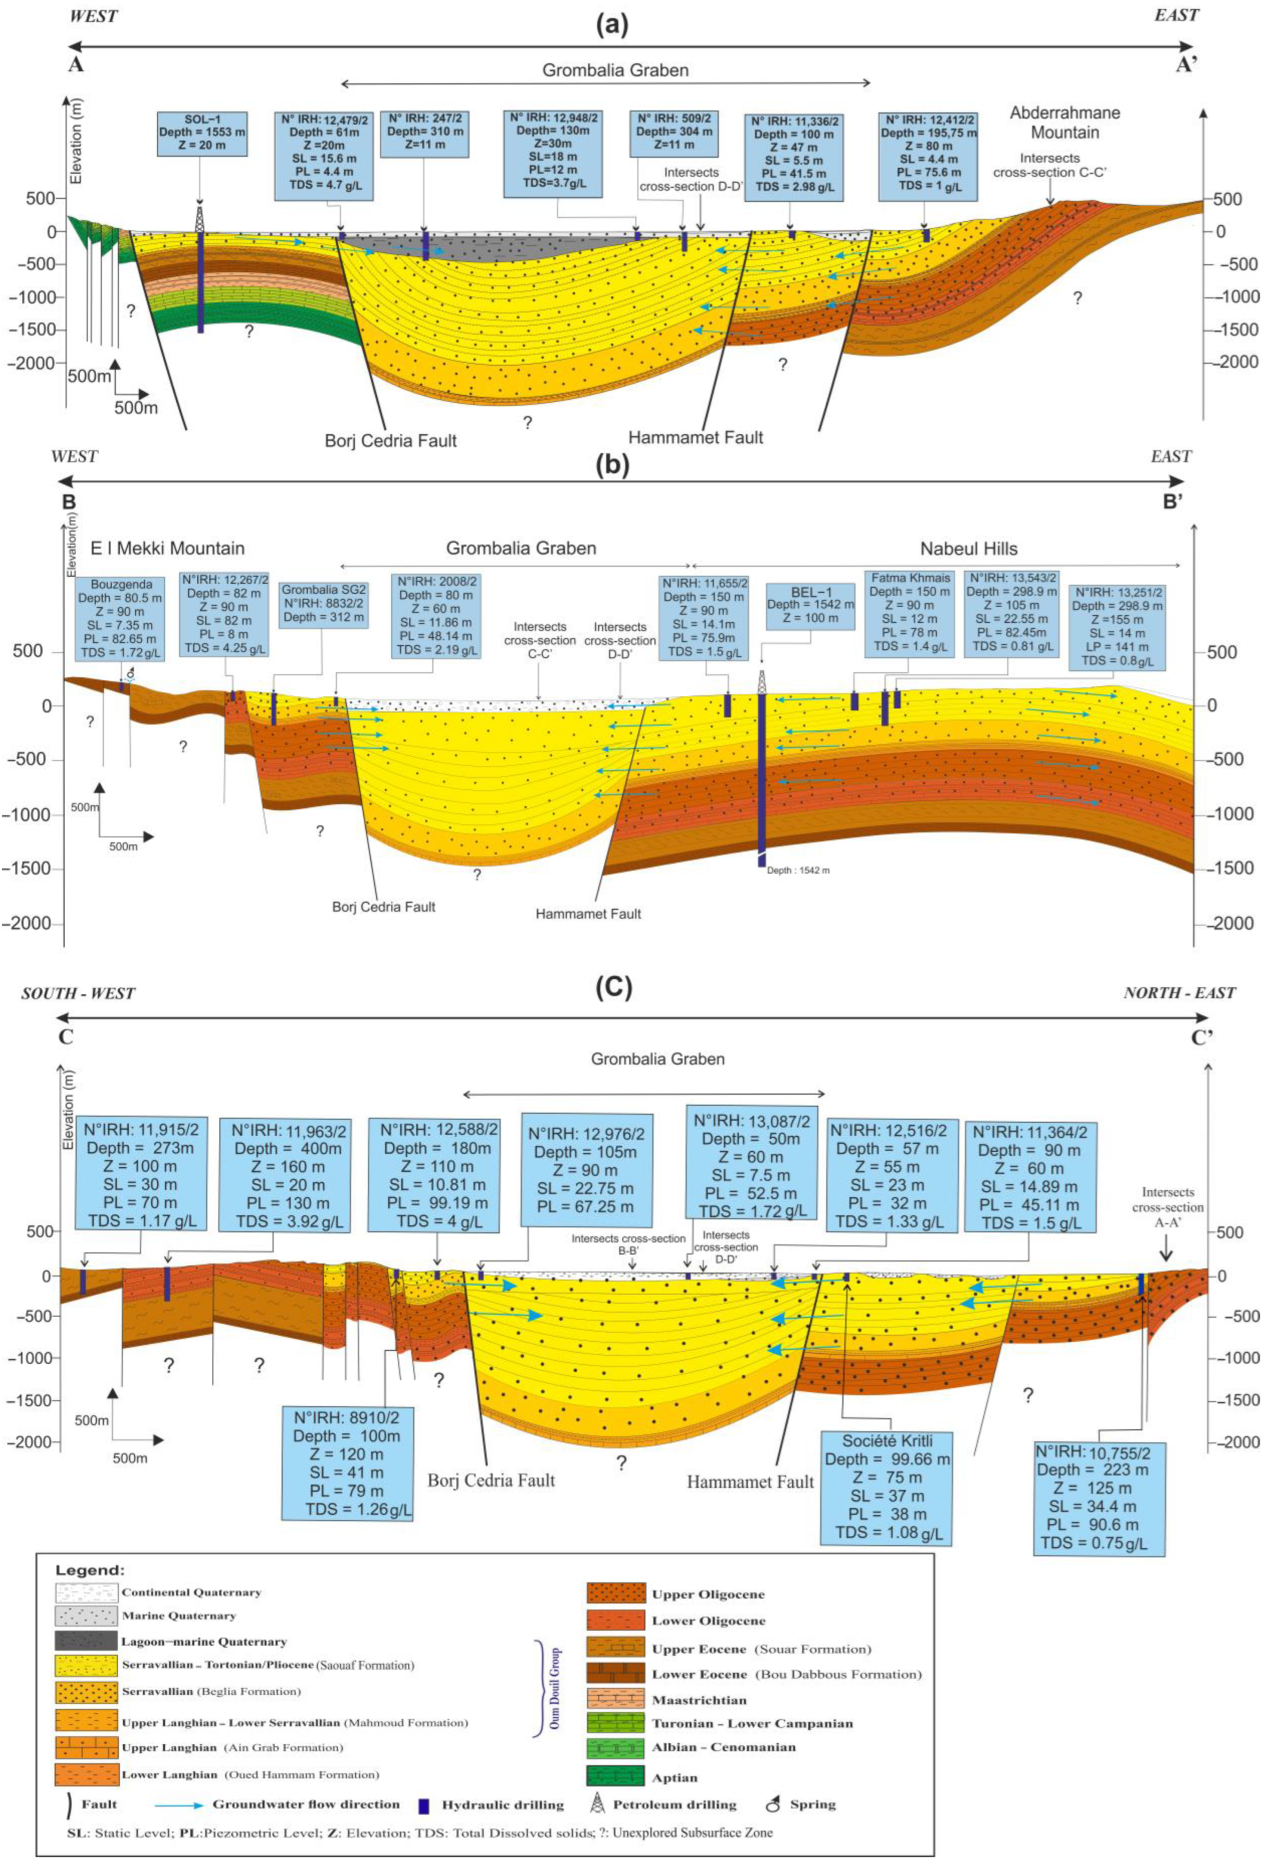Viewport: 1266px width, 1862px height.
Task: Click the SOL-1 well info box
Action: click(x=202, y=133)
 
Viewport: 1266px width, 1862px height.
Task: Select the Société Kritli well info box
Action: click(x=887, y=1486)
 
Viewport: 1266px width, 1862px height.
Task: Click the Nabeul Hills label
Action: click(x=968, y=549)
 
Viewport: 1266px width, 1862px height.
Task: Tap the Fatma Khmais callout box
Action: click(x=909, y=612)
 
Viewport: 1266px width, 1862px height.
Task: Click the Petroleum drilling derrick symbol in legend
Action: click(x=596, y=1805)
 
